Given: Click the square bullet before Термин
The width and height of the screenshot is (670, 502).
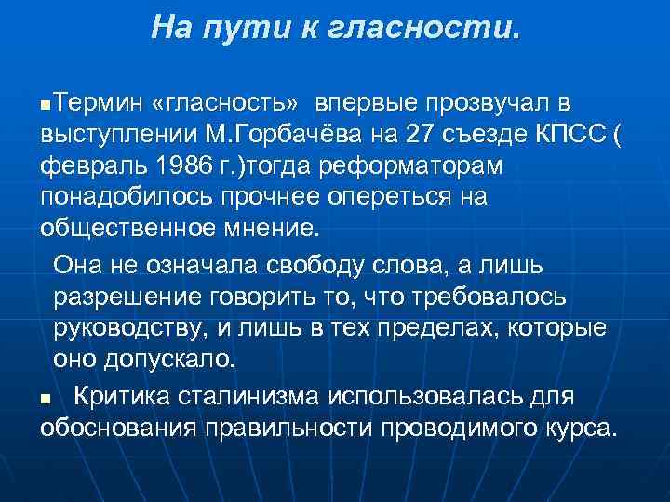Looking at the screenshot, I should tap(47, 103).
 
